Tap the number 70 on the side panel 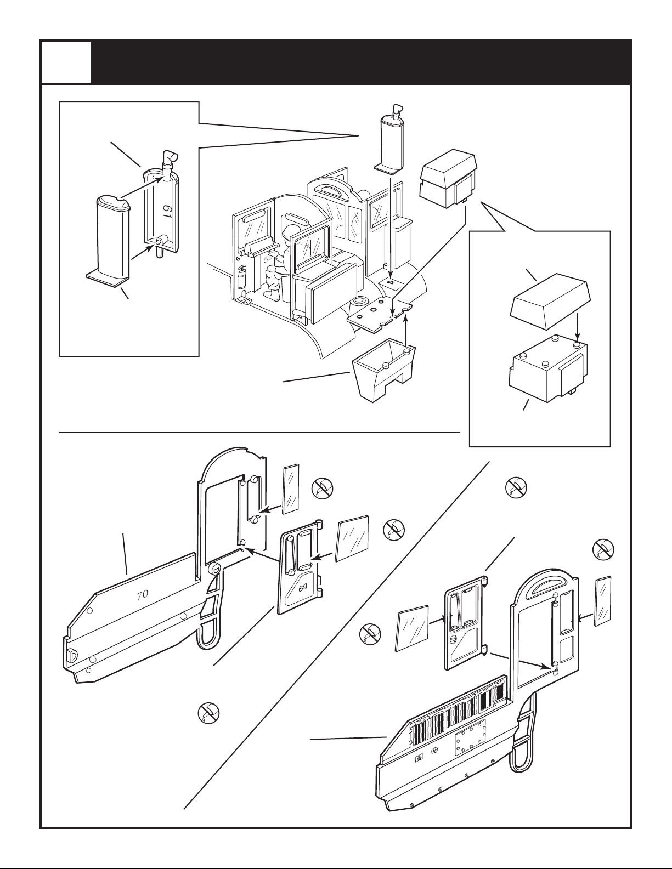pyautogui.click(x=142, y=594)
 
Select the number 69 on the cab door pyautogui.click(x=303, y=587)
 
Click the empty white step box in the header pyautogui.click(x=66, y=63)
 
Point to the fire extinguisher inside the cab pyautogui.click(x=242, y=277)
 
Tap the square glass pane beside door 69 pyautogui.click(x=352, y=539)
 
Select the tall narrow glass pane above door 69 pyautogui.click(x=290, y=489)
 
